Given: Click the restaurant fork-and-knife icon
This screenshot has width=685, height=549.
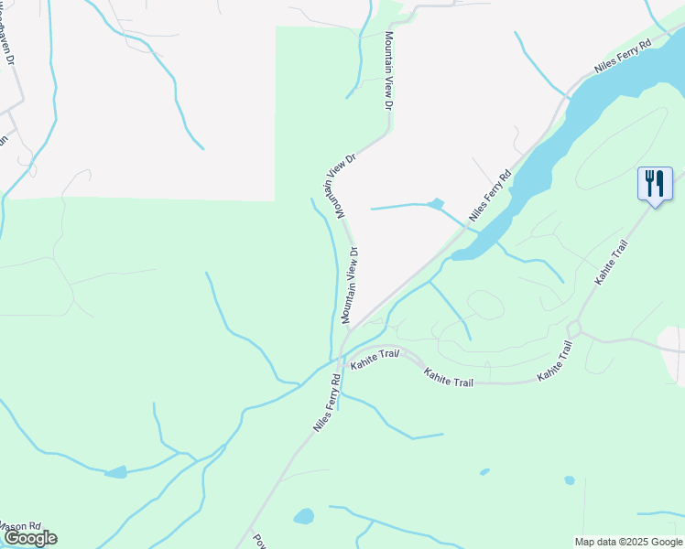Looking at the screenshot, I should coord(655,183).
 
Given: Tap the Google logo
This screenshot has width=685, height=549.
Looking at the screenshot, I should coord(29,538).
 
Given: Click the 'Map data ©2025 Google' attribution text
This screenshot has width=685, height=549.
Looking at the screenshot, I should coord(627,542).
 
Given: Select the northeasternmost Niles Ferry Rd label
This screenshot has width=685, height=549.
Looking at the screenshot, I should coord(623,56).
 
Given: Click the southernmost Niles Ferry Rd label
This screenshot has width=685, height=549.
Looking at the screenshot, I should coord(326,403).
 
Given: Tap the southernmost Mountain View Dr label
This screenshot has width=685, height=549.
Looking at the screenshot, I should coord(349,284).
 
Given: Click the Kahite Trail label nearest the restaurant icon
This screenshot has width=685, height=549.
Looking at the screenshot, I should coord(611,262).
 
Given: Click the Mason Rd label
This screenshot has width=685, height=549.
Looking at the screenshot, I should coord(20,527).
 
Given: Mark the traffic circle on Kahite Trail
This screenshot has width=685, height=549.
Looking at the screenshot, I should coord(575,328).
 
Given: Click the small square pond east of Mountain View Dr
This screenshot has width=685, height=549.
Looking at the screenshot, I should coord(436,203).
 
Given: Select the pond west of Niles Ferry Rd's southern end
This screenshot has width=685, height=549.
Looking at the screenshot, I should coord(304,517).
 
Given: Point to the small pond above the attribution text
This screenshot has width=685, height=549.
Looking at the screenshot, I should coord(570,479).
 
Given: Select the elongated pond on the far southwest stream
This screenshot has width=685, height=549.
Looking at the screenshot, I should coord(115,472).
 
